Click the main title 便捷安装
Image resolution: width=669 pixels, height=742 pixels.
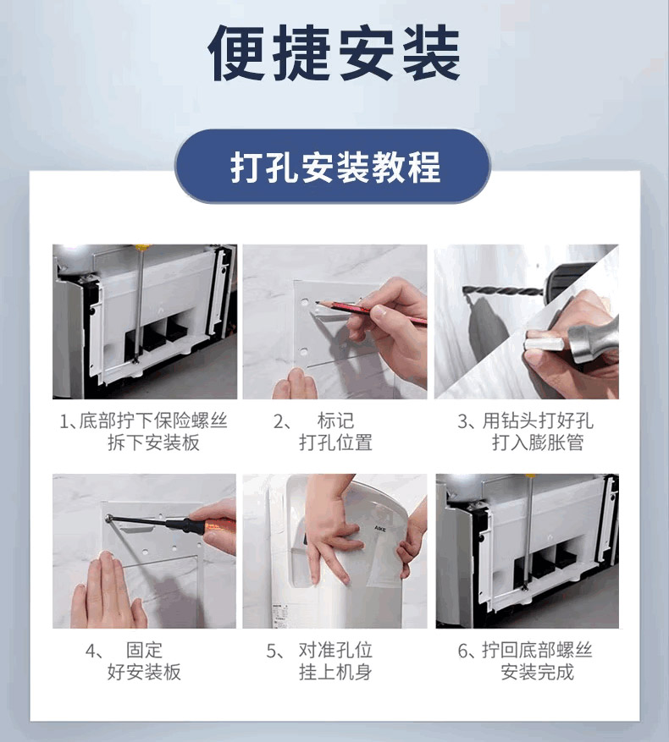pos(334,52)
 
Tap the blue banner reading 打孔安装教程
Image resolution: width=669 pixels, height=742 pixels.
pos(333,166)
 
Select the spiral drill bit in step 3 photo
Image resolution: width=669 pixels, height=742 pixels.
pos(502,290)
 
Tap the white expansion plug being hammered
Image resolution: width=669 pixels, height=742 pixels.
pos(544,342)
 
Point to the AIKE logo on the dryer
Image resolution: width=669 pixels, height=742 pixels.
pos(380,528)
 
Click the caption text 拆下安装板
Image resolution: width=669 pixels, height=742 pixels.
pos(153,442)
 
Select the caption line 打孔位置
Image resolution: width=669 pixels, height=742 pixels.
pos(335,442)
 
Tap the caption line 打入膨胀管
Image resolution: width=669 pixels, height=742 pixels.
pos(537,442)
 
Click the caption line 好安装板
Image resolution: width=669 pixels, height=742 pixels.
pos(144,672)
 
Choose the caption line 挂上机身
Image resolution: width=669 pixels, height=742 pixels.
pos(335,672)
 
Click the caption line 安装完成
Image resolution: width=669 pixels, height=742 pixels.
pos(537,672)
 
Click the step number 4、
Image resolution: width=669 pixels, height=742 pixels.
pos(95,651)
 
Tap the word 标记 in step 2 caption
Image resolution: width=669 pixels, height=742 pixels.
pos(335,420)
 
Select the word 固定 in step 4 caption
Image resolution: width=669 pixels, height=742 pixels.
pos(144,650)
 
